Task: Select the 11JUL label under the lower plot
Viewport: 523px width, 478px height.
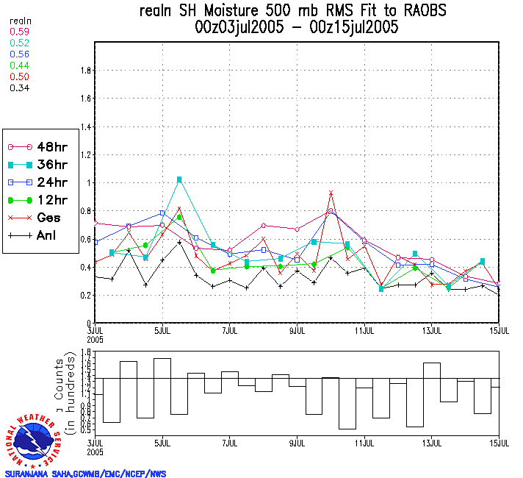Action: click(365, 443)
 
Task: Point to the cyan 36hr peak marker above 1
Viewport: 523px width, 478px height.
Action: click(179, 179)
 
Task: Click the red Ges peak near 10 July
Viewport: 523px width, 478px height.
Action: click(331, 193)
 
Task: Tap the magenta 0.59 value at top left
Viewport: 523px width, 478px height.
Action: click(19, 32)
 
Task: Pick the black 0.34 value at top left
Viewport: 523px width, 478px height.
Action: click(19, 88)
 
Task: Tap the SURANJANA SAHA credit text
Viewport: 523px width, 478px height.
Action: click(85, 474)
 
